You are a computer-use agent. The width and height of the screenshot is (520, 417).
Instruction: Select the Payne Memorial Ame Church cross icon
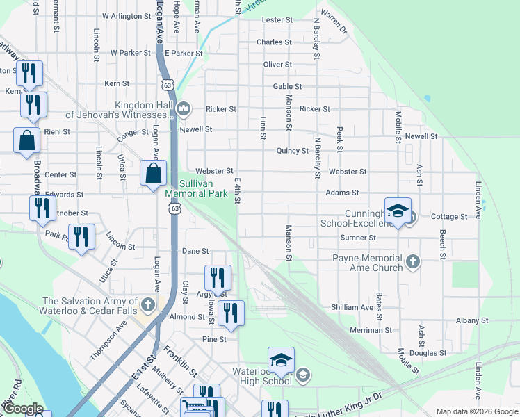pos(413,262)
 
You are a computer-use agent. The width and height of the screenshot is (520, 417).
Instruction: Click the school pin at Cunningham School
pos(398,211)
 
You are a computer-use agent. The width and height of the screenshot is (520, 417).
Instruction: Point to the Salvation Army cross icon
pos(148,304)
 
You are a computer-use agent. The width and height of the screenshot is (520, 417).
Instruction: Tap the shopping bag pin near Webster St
pos(153,174)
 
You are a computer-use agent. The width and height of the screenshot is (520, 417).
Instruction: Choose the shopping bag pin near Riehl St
pos(26,140)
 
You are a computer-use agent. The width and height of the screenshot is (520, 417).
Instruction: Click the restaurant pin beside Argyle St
pos(217,278)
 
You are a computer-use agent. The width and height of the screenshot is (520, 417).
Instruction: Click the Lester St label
pos(277,20)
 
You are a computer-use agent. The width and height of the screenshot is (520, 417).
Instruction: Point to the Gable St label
pos(287,87)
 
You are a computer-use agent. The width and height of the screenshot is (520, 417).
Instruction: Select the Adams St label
pos(342,193)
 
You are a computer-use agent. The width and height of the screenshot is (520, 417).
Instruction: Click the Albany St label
pos(472,320)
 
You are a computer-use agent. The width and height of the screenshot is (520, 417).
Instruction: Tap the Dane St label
pos(195,251)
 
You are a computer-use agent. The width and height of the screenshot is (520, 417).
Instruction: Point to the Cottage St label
pos(449,217)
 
